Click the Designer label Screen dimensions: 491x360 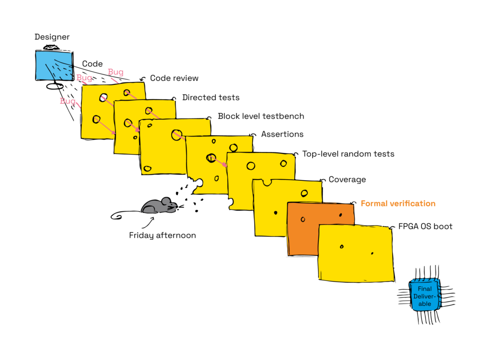coord(52,37)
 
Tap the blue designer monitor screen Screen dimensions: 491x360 coord(55,66)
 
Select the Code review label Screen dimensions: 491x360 coord(174,78)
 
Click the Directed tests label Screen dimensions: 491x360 coord(211,98)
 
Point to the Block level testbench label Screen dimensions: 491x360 coord(261,116)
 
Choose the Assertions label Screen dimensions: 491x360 coord(282,134)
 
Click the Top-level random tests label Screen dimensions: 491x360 coord(348,154)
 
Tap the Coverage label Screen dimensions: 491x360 coord(347,180)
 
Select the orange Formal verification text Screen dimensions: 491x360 coord(398,203)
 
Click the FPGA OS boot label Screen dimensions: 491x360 coord(425,226)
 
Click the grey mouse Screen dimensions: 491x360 coord(160,206)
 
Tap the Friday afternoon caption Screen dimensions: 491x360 coord(163,235)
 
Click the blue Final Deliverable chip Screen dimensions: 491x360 coord(425,296)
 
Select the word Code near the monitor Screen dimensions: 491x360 coord(93,64)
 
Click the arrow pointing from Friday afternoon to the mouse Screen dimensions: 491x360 coord(148,223)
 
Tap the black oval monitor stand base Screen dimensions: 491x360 coord(55,86)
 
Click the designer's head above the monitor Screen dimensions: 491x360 coord(51,47)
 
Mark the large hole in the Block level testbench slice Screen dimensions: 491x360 coord(176,135)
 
